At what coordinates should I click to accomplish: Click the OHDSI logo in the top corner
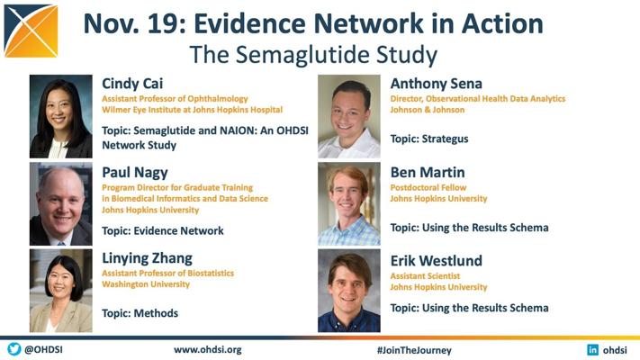[x=31, y=31]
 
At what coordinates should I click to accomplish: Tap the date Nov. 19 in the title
[x=131, y=23]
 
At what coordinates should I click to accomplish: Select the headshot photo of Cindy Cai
[x=61, y=116]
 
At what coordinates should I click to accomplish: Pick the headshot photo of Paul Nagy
[x=61, y=203]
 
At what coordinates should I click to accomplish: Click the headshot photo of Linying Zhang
[x=61, y=291]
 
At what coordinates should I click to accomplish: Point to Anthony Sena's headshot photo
[x=349, y=116]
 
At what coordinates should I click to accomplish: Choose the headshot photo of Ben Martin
[x=349, y=203]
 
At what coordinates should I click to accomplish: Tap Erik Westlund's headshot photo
[x=349, y=291]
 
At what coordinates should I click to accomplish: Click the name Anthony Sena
[x=436, y=84]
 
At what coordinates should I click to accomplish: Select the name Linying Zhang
[x=147, y=259]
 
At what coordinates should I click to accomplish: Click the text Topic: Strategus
[x=429, y=139]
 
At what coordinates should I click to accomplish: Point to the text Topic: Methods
[x=140, y=313]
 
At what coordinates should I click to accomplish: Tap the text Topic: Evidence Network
[x=162, y=231]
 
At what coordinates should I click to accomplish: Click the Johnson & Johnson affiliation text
[x=427, y=110]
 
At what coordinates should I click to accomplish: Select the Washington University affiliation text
[x=146, y=284]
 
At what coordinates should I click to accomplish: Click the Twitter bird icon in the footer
[x=14, y=349]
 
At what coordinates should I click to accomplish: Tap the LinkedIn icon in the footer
[x=592, y=350]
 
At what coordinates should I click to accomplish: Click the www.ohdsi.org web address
[x=207, y=350]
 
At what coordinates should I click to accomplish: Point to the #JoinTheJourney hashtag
[x=414, y=350]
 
